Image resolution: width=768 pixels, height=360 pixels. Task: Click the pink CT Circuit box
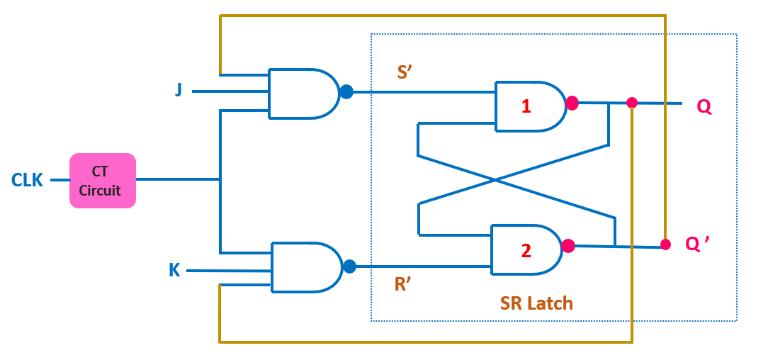(102, 181)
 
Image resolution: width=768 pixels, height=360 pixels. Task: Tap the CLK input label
(27, 181)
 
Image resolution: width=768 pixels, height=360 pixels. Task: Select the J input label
(179, 91)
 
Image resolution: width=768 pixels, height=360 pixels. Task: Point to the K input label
(174, 271)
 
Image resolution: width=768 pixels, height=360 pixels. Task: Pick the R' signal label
(402, 285)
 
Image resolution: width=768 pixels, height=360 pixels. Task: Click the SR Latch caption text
(536, 304)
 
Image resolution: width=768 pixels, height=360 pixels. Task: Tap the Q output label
(704, 107)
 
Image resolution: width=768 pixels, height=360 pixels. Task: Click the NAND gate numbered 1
(531, 106)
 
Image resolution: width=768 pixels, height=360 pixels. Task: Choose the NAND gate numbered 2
(526, 249)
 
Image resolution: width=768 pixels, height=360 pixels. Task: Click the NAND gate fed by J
(304, 94)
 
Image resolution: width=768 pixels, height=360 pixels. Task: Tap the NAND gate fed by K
(307, 267)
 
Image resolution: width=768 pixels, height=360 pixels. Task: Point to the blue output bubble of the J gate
(346, 91)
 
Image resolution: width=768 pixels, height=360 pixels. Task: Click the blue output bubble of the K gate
(349, 266)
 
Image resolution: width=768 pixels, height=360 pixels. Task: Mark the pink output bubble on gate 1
(572, 103)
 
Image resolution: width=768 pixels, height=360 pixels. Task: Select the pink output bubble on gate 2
(568, 246)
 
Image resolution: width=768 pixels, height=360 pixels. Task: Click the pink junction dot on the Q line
(632, 103)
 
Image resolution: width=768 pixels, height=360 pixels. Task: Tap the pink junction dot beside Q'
(665, 244)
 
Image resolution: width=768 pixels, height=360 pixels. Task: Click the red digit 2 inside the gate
(526, 251)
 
